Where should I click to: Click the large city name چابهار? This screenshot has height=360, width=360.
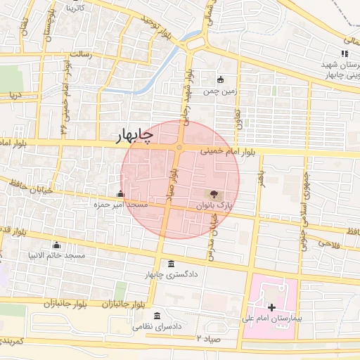click(x=133, y=136)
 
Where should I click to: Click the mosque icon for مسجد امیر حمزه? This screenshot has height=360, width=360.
click(x=121, y=194)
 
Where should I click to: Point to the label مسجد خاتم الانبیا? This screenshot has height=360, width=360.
click(x=56, y=255)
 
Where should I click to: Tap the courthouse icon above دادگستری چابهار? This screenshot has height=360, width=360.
click(x=172, y=264)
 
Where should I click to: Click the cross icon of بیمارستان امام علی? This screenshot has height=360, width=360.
click(x=272, y=308)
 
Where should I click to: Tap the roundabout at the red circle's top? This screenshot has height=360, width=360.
click(x=180, y=148)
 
